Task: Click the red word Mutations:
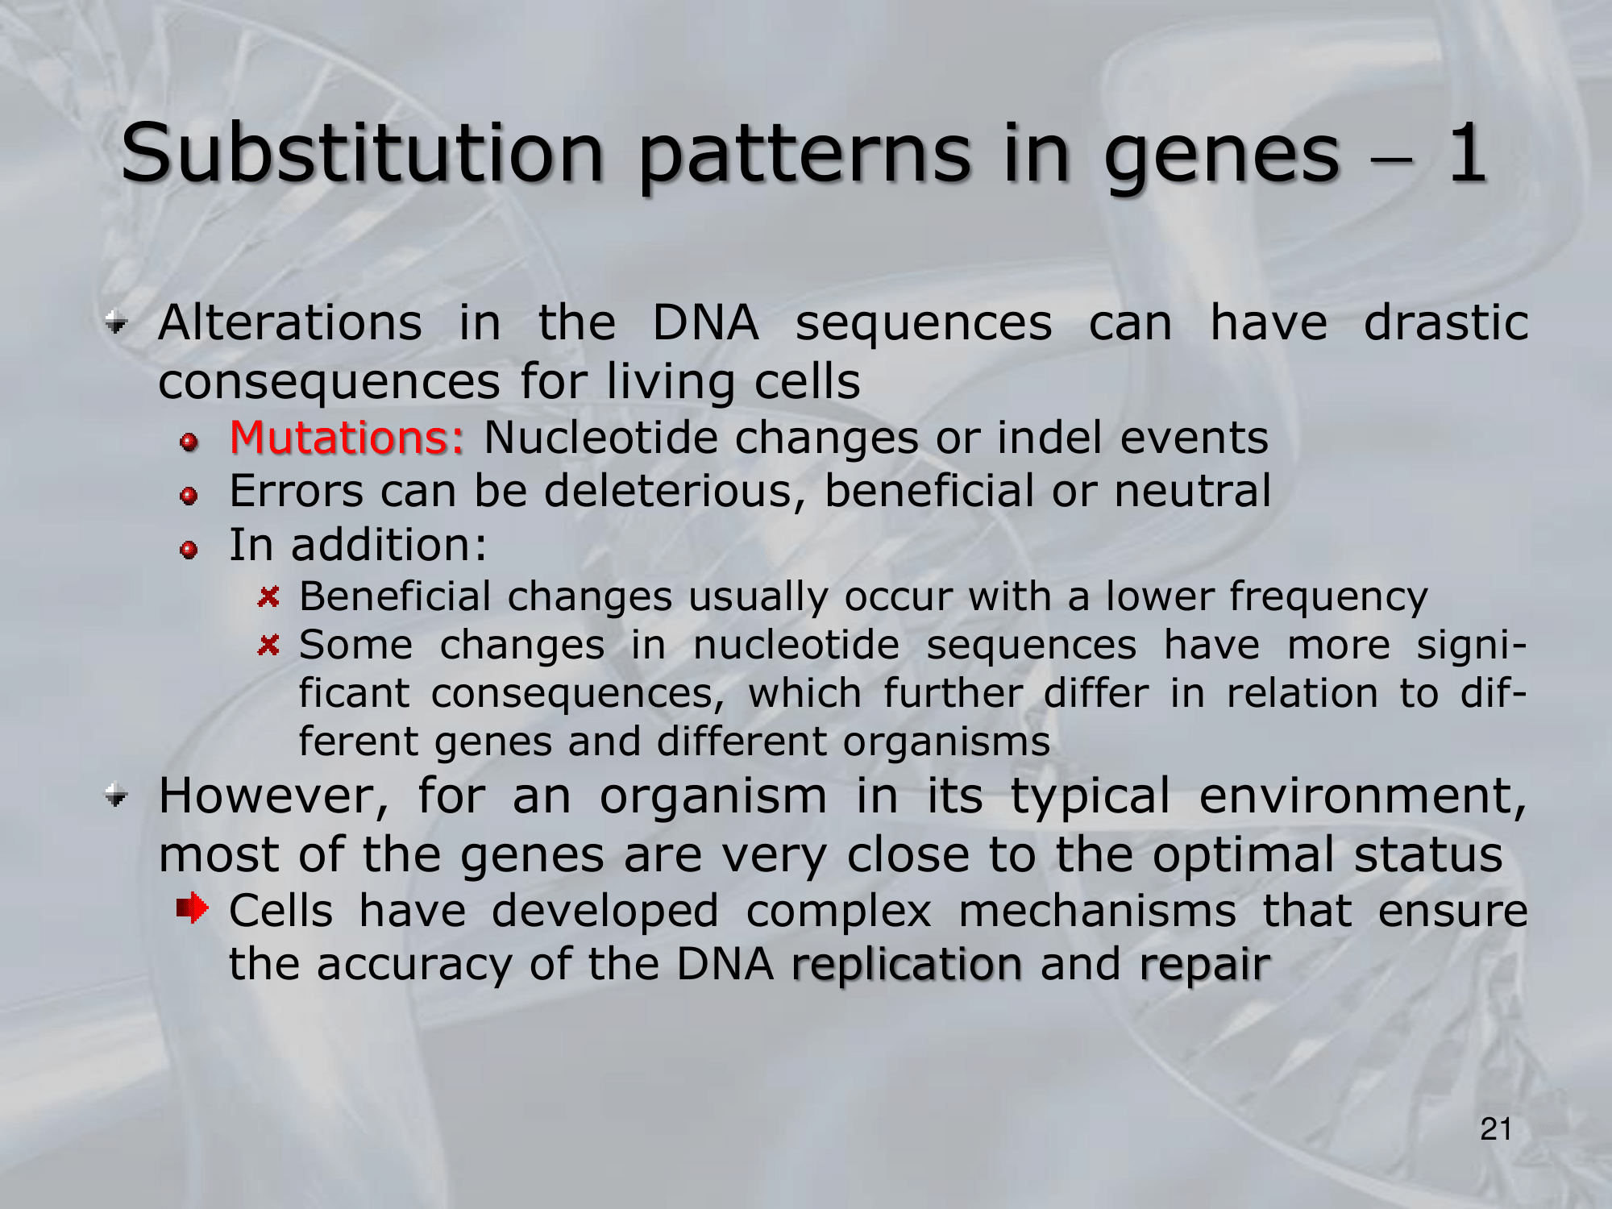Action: point(347,438)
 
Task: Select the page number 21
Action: point(1496,1129)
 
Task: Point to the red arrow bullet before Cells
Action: point(193,909)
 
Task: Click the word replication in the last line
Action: point(908,965)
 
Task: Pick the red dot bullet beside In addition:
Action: point(189,550)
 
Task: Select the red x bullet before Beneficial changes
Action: point(268,597)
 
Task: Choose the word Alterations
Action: point(290,322)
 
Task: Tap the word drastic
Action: point(1446,322)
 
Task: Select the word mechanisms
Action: point(1097,912)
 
